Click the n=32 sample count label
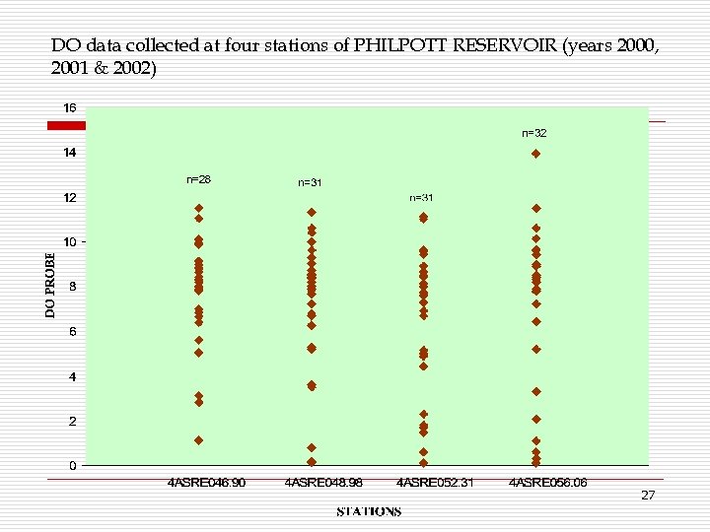(533, 132)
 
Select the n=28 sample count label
(198, 179)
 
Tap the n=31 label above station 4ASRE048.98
(310, 182)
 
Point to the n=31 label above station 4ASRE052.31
(422, 198)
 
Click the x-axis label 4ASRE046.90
(205, 483)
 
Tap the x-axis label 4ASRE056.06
(547, 483)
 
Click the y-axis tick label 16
(70, 107)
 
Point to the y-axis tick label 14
(70, 153)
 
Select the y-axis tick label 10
(70, 242)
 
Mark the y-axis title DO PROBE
(50, 283)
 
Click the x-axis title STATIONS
(369, 511)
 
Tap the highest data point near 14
(535, 154)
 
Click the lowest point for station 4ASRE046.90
(198, 440)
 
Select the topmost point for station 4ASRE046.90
(198, 208)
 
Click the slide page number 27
(647, 496)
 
